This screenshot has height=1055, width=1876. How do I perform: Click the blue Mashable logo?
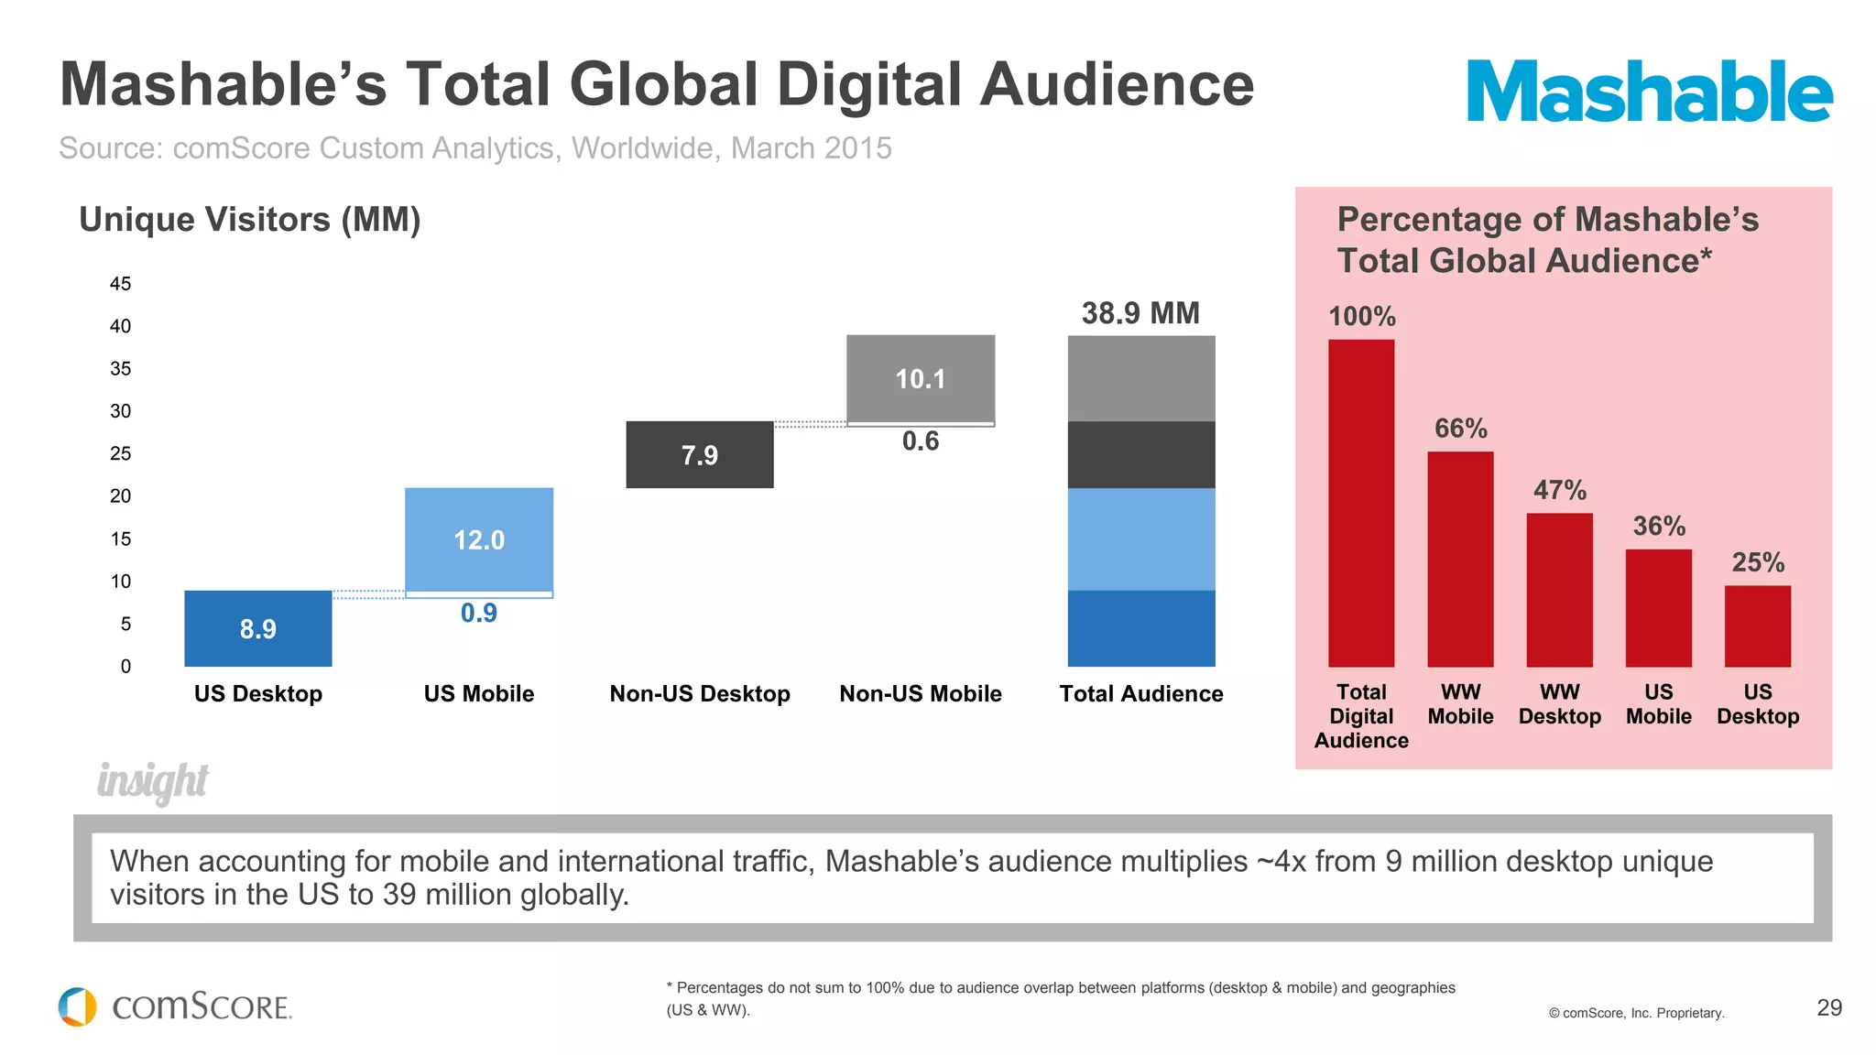click(x=1649, y=91)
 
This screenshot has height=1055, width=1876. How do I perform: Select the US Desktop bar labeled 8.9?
click(x=257, y=628)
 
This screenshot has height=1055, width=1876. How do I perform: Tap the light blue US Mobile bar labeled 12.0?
click(x=478, y=539)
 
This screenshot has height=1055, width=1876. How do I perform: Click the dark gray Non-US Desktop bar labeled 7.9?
click(x=699, y=454)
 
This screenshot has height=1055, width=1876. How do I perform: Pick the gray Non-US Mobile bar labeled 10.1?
click(x=920, y=378)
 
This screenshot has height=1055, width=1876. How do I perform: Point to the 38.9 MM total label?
click(x=1140, y=313)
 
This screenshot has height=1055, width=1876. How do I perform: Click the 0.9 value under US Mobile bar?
click(x=478, y=613)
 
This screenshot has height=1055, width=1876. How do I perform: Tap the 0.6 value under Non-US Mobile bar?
click(x=920, y=441)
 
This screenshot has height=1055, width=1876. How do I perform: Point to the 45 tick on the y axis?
click(x=120, y=284)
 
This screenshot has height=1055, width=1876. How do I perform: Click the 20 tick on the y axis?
click(x=120, y=496)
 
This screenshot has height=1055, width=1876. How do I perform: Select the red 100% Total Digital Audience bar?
click(x=1361, y=504)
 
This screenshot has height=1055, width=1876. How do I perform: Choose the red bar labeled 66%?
click(x=1460, y=559)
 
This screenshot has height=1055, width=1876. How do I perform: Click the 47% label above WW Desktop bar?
click(x=1559, y=490)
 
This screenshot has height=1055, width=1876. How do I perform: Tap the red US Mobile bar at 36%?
click(x=1658, y=608)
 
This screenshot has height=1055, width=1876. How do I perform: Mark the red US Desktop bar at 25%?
click(x=1757, y=626)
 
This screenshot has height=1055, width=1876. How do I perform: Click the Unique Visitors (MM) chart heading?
click(x=249, y=220)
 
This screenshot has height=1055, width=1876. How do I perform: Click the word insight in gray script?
click(x=152, y=781)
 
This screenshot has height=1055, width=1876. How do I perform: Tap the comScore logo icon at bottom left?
click(x=78, y=1006)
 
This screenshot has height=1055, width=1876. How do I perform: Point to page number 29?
click(x=1828, y=1007)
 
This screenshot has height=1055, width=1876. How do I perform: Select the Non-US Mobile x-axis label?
click(x=920, y=694)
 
